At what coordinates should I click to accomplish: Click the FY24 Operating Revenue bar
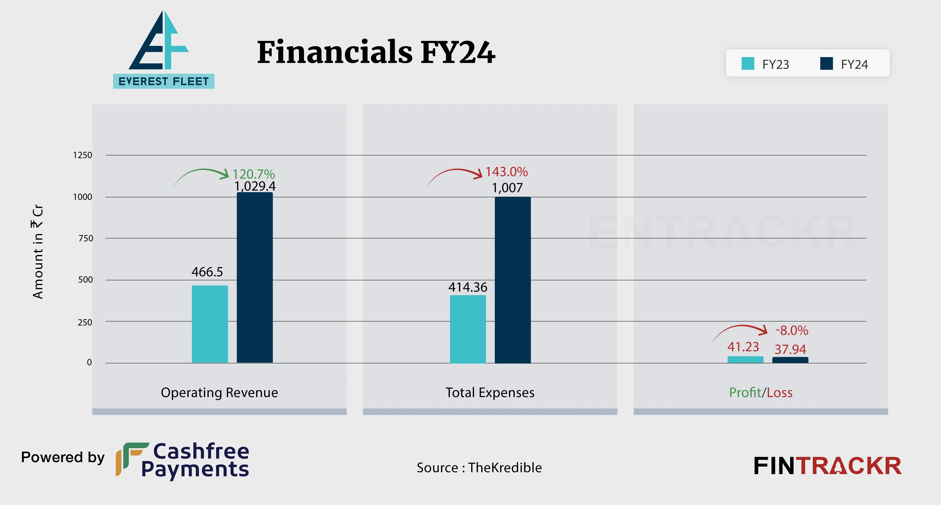click(x=255, y=278)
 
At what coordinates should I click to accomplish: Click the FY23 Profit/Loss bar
click(x=745, y=360)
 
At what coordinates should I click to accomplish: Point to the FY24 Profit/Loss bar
click(x=790, y=360)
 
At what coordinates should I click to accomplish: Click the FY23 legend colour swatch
click(x=748, y=63)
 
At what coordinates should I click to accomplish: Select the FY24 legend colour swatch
click(x=826, y=63)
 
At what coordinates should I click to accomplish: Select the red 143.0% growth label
click(x=506, y=172)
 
